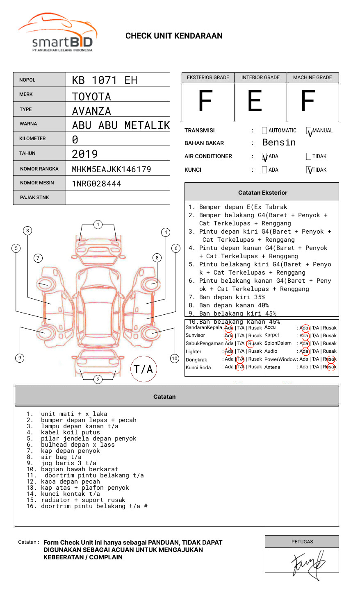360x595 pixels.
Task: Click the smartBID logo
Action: coord(58,32)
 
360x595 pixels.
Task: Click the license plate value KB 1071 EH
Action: coord(105,80)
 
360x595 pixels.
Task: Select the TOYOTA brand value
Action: coord(91,97)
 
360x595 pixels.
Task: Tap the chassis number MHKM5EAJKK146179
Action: coord(112,169)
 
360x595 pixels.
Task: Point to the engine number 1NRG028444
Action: coord(96,184)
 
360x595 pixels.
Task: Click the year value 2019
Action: coord(85,154)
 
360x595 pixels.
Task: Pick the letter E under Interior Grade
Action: coord(255,101)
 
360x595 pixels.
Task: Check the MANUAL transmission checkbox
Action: coord(309,130)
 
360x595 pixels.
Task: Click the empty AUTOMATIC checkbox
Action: coord(264,130)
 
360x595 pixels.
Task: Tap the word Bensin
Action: coord(279,143)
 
